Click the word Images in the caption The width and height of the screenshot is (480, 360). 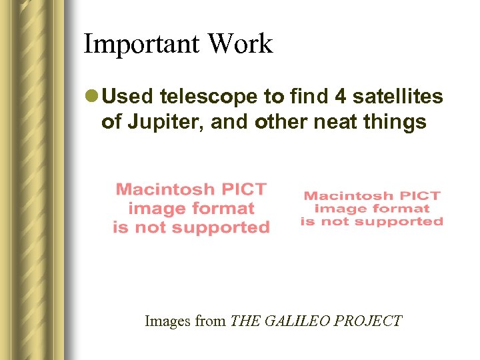coord(167,321)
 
